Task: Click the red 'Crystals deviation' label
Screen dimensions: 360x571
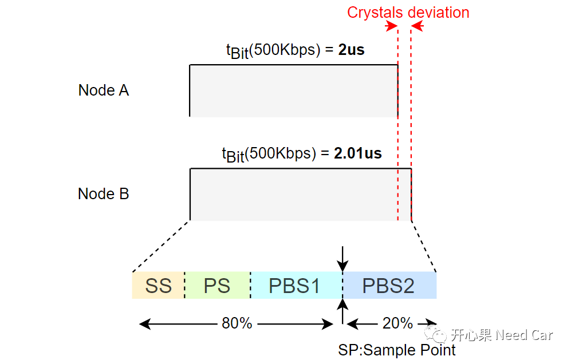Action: coord(408,13)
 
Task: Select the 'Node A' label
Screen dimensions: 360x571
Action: coord(104,90)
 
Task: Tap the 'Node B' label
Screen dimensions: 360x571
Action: coord(104,194)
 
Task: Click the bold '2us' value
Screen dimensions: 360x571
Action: coord(351,50)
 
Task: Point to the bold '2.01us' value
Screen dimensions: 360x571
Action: coord(358,153)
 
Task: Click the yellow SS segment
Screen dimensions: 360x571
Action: coord(159,286)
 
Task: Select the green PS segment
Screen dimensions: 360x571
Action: coord(217,286)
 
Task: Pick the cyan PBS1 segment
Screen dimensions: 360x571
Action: coord(295,286)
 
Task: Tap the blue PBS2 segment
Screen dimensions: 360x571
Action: coord(388,286)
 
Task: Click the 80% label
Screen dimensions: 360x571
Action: coord(237,323)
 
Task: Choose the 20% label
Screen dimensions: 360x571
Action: coord(397,323)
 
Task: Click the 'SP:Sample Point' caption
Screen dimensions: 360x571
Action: coord(397,350)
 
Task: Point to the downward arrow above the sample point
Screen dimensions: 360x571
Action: coord(342,260)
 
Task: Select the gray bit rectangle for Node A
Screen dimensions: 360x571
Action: coord(293,91)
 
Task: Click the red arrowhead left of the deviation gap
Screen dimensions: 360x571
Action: coord(392,26)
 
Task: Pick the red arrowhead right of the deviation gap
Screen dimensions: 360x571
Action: coord(416,26)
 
